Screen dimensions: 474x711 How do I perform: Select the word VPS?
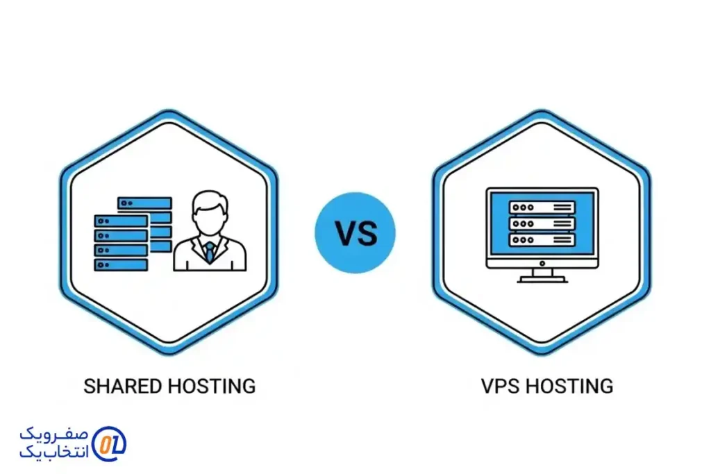pos(499,386)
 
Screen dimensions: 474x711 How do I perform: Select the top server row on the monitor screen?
pos(542,207)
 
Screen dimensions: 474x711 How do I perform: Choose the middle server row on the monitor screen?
pos(542,223)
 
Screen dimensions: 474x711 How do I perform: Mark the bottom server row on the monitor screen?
pos(542,239)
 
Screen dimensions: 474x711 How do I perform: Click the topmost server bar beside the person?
pos(144,203)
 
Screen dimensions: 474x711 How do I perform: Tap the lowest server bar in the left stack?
pos(122,264)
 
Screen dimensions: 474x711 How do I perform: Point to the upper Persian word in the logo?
pos(53,434)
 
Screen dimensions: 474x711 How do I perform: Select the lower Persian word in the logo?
pos(53,451)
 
